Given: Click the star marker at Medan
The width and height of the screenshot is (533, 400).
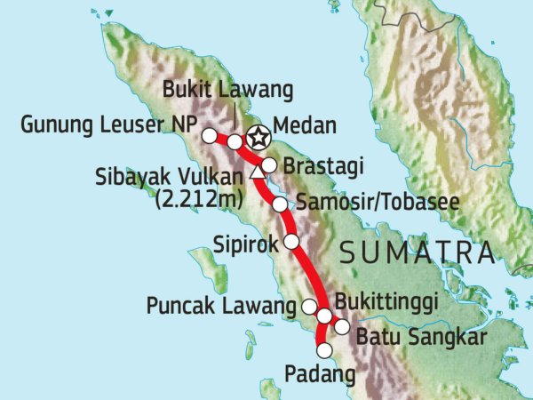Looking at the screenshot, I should pyautogui.click(x=257, y=138).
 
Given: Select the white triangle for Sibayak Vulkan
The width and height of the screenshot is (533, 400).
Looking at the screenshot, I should pyautogui.click(x=258, y=172).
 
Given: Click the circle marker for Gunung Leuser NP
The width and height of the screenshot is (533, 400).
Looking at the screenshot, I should pyautogui.click(x=209, y=135).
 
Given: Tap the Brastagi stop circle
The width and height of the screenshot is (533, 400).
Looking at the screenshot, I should pyautogui.click(x=269, y=165).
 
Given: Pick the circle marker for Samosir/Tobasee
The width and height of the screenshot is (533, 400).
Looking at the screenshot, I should pyautogui.click(x=280, y=204).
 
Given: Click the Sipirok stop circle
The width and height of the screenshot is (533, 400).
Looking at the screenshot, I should pyautogui.click(x=290, y=241).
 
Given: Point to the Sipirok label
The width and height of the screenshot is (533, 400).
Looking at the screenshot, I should pyautogui.click(x=244, y=241).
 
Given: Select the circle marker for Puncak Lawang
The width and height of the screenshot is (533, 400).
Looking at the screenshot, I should pyautogui.click(x=310, y=307).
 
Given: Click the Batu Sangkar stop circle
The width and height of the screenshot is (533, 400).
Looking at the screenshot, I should pyautogui.click(x=342, y=327).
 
